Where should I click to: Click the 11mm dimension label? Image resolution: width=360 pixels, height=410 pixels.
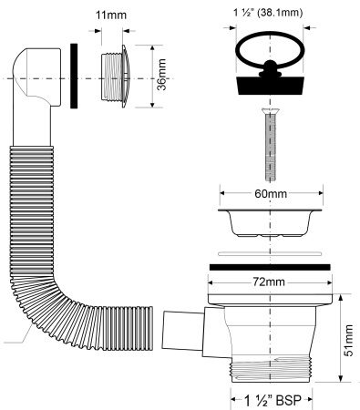click(x=111, y=15)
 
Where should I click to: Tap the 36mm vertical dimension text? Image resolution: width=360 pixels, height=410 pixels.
click(x=161, y=75)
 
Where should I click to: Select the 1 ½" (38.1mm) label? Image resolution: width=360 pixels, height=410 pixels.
click(x=268, y=13)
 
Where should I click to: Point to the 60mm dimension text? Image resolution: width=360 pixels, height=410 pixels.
click(x=271, y=193)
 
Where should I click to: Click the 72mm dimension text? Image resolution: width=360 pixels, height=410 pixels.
click(x=269, y=282)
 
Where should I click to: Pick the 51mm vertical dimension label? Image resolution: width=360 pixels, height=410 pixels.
click(x=349, y=340)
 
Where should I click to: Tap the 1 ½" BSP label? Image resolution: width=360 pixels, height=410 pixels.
click(x=273, y=401)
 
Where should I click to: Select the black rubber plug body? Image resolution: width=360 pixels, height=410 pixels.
click(x=270, y=86)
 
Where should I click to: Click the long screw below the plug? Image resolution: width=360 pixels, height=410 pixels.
click(x=270, y=145)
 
